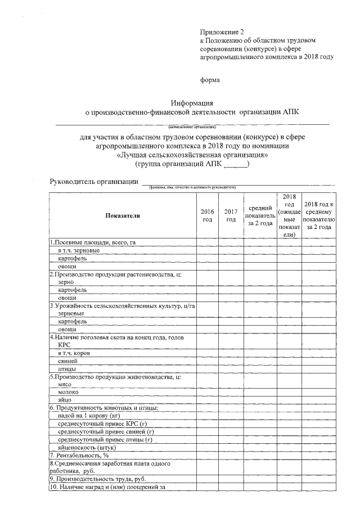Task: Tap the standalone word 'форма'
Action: click(210, 80)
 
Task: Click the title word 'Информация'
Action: click(192, 102)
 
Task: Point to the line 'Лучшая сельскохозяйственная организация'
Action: click(192, 155)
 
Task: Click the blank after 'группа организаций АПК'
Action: click(236, 164)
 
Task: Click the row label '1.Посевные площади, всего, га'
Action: click(93, 242)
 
